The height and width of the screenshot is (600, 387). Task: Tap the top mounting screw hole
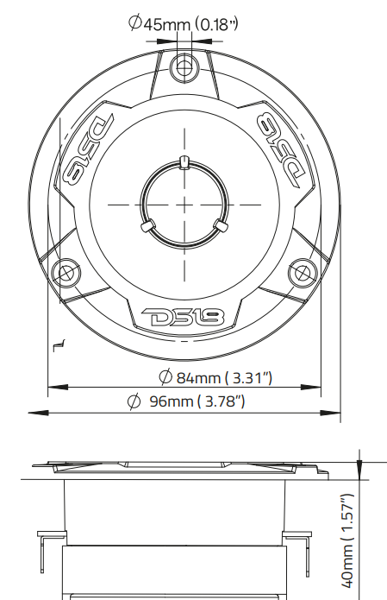click(x=183, y=65)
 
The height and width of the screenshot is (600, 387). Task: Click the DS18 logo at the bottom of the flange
click(x=183, y=317)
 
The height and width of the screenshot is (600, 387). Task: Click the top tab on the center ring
click(x=183, y=162)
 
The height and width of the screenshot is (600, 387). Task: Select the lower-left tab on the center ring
click(x=147, y=226)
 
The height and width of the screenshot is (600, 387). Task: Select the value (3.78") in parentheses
click(x=221, y=401)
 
